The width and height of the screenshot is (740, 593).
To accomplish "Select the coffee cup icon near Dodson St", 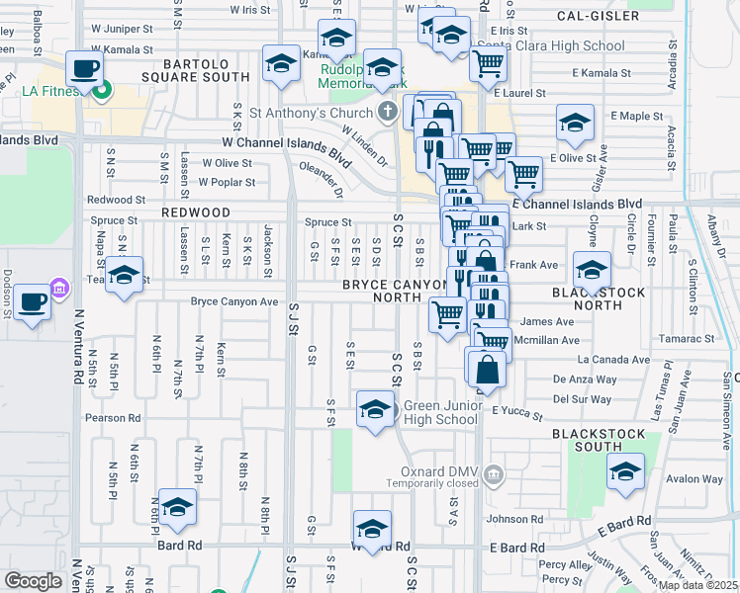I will click(33, 302).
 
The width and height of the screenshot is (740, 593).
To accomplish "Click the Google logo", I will click(33, 581).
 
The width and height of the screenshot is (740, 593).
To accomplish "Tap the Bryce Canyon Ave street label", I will click(234, 300).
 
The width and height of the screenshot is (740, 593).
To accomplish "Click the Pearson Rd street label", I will click(113, 418).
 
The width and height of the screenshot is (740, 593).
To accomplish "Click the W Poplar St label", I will click(227, 182).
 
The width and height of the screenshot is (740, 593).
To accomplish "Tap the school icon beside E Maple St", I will click(574, 123).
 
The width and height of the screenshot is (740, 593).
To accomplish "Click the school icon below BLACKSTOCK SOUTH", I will click(625, 472).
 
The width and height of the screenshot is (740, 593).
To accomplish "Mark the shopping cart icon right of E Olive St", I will click(523, 175).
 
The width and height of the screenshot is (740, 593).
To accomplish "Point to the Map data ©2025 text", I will click(698, 585).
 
